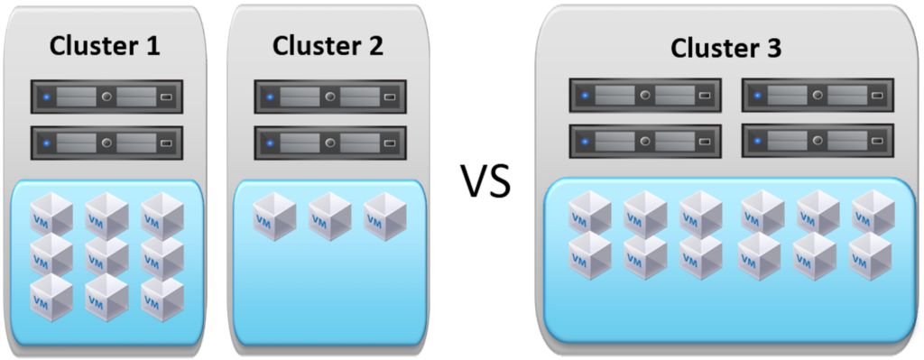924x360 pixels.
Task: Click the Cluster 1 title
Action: tap(106, 46)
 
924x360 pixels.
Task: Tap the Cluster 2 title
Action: tap(328, 44)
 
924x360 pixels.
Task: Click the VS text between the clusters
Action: tap(487, 181)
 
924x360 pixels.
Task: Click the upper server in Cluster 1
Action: tap(106, 96)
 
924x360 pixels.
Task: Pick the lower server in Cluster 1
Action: tap(106, 143)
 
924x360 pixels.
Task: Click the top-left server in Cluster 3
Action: tap(644, 95)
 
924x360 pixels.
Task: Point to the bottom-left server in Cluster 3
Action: tap(644, 140)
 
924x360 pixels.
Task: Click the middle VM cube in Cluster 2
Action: tap(329, 216)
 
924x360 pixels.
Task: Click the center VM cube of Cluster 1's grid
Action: tap(106, 255)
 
